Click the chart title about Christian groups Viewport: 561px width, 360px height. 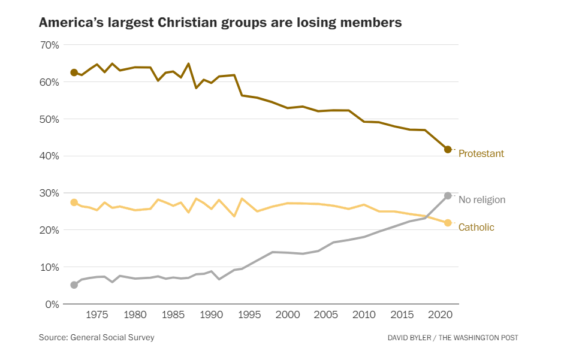pyautogui.click(x=220, y=23)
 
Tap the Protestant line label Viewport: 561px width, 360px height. pyautogui.click(x=481, y=154)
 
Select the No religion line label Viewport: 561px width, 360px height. pyautogui.click(x=482, y=200)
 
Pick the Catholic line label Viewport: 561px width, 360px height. pyautogui.click(x=476, y=228)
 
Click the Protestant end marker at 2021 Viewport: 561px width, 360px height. pyautogui.click(x=448, y=149)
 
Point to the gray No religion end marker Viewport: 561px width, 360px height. pyautogui.click(x=448, y=196)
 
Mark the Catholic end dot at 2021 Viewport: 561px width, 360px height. pyautogui.click(x=448, y=223)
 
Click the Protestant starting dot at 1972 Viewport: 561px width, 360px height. pyautogui.click(x=74, y=72)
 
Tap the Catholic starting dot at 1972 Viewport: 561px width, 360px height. pyautogui.click(x=74, y=202)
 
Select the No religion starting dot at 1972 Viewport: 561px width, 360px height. pyautogui.click(x=74, y=285)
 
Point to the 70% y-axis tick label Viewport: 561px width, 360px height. pyautogui.click(x=49, y=45)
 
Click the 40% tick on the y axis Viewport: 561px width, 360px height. pyautogui.click(x=49, y=156)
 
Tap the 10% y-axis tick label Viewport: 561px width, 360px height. pyautogui.click(x=49, y=267)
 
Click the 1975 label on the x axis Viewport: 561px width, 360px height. pyautogui.click(x=97, y=315)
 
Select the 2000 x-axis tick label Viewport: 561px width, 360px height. pyautogui.click(x=287, y=315)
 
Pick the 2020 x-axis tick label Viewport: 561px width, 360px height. pyautogui.click(x=439, y=315)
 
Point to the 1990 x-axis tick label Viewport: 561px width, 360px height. pyautogui.click(x=211, y=315)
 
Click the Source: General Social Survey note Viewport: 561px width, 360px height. pyautogui.click(x=96, y=338)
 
